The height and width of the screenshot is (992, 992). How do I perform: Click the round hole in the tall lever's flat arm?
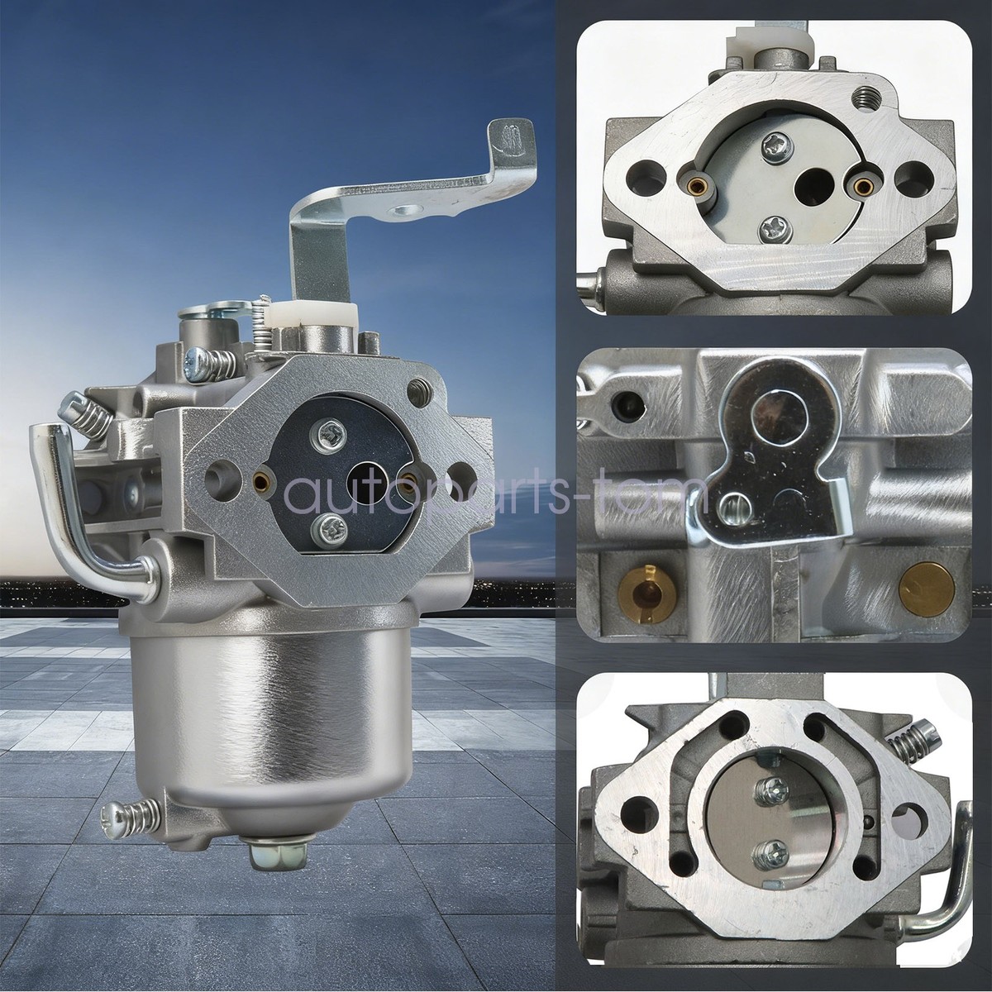pyautogui.click(x=405, y=210)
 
